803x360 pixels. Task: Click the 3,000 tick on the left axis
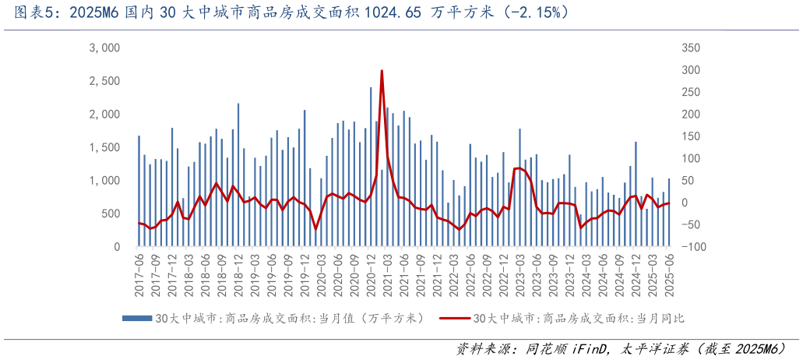(104, 48)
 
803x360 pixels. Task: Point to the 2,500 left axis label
(104, 81)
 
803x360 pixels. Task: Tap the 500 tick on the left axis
(110, 214)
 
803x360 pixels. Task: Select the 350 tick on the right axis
(691, 48)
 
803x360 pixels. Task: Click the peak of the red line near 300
(382, 71)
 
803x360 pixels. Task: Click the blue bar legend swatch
(137, 318)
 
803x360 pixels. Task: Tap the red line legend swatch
(455, 318)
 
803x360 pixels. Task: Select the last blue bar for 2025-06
(668, 213)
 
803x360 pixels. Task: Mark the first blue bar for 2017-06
(139, 191)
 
